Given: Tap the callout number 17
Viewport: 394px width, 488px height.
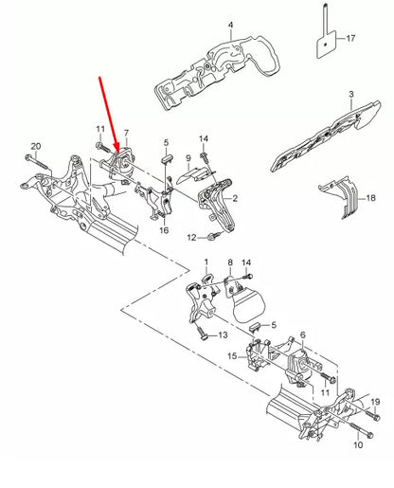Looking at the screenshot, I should (x=351, y=39).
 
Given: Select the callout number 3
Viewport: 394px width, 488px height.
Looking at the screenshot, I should (x=350, y=95).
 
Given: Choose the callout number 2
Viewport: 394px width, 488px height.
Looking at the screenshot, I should (x=235, y=200).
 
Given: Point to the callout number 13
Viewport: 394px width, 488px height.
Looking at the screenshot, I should (x=224, y=335).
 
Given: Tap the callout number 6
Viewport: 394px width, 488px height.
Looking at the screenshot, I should (x=303, y=336).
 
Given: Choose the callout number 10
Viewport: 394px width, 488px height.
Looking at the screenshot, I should (x=357, y=443).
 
